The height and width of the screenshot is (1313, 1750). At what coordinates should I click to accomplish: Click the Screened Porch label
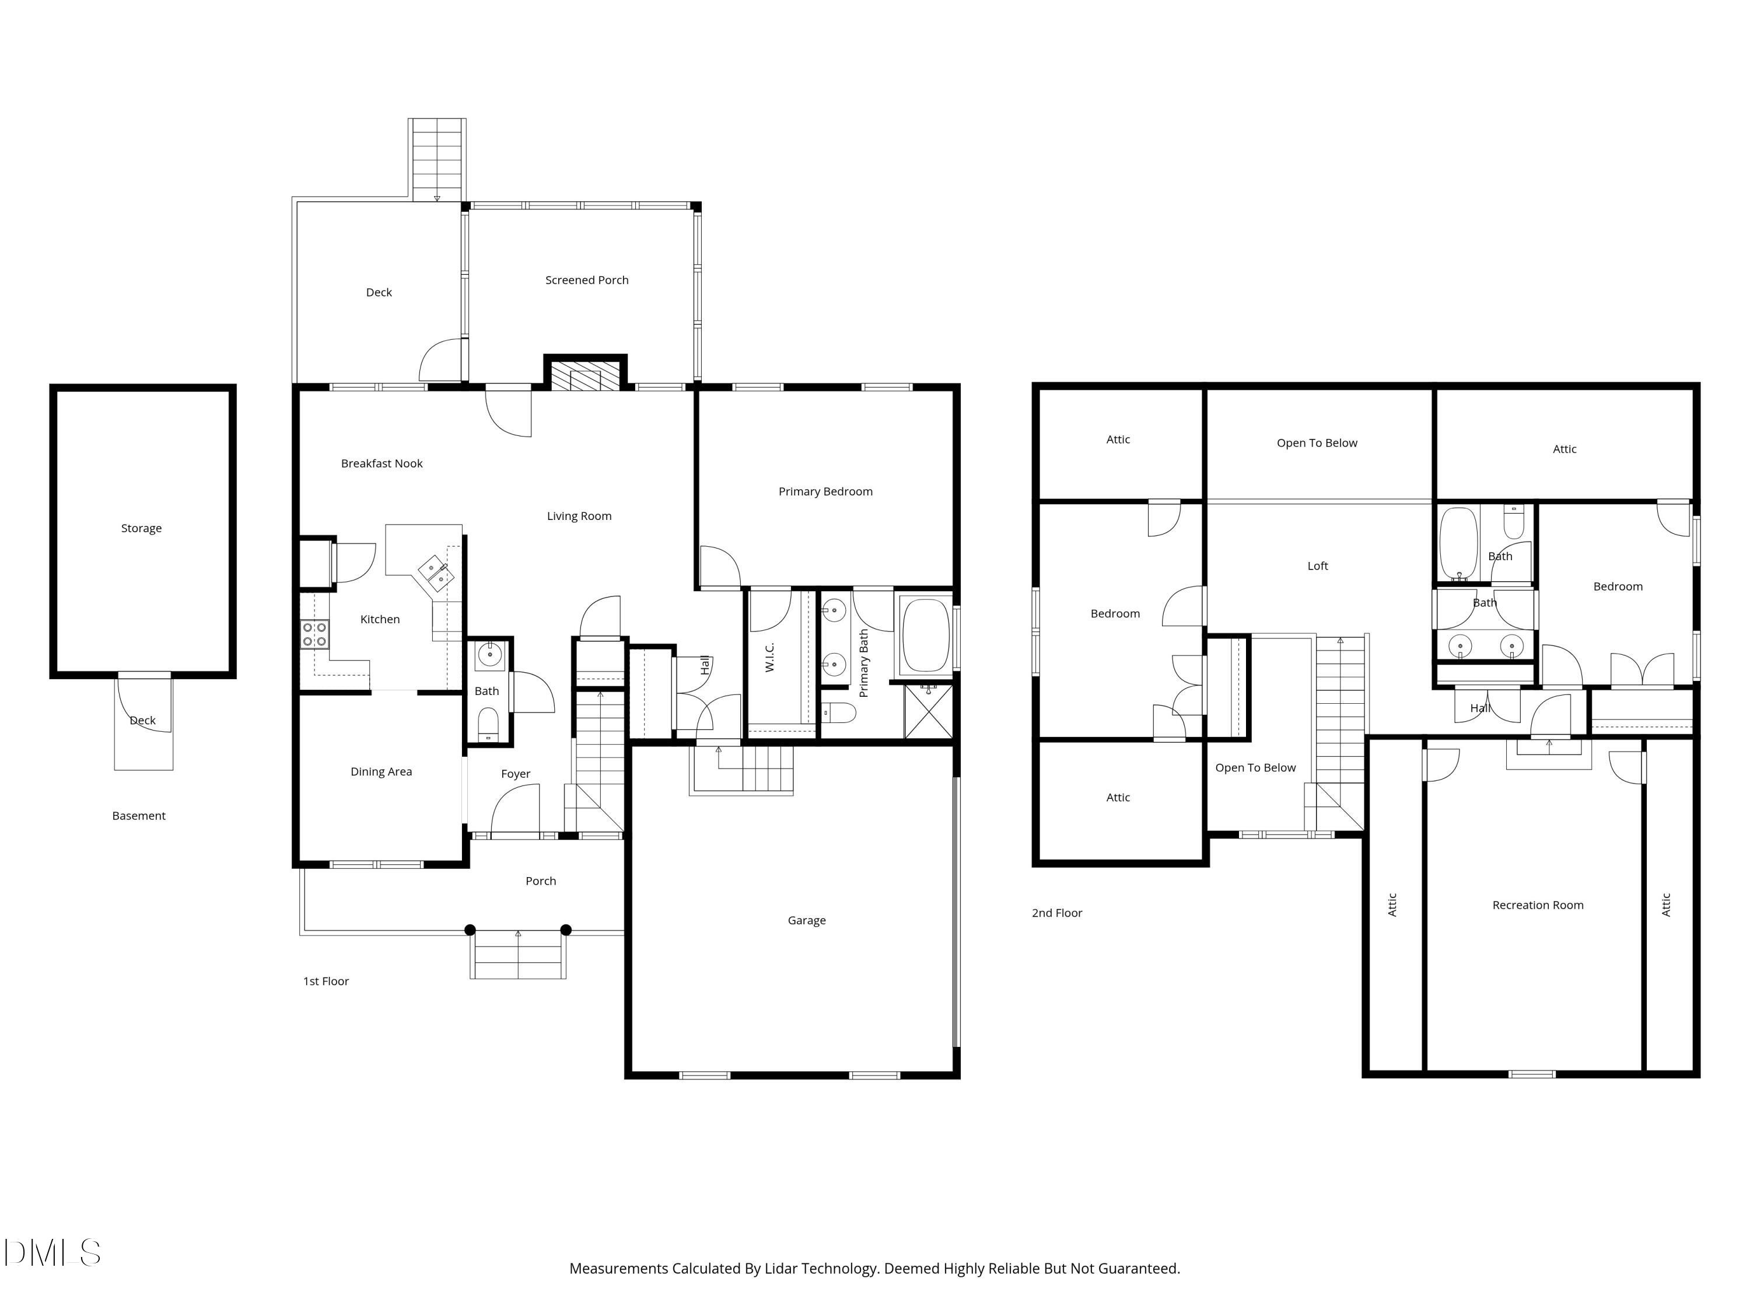pos(586,280)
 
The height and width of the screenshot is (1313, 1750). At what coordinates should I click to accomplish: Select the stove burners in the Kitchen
pos(314,634)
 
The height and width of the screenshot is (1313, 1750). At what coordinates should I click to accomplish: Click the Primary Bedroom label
pos(825,491)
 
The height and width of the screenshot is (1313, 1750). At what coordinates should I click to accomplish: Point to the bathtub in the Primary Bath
pos(925,636)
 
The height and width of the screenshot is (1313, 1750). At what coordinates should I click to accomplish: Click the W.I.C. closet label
pos(770,657)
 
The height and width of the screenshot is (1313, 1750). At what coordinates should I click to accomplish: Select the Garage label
pos(806,920)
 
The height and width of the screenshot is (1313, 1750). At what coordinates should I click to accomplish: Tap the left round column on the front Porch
pos(470,930)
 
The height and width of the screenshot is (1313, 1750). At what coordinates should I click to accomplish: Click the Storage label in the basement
pos(141,528)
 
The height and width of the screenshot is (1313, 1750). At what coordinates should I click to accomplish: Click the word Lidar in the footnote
pos(781,1269)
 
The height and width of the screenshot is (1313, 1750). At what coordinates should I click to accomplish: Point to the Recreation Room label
pos(1537,906)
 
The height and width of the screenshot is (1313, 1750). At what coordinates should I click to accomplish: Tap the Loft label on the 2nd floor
pos(1317,566)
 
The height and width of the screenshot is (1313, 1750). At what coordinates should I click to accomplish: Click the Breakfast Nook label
pos(381,464)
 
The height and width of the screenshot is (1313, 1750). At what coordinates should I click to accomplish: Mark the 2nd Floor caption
pos(1056,913)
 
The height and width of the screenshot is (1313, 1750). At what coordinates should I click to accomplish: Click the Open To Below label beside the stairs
pos(1255,768)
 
